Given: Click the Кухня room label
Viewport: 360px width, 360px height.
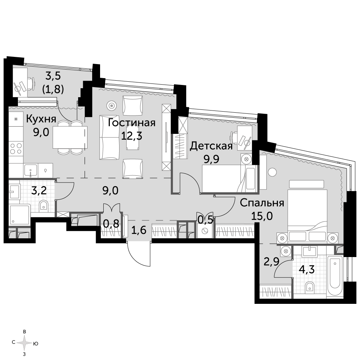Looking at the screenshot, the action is [x=41, y=119].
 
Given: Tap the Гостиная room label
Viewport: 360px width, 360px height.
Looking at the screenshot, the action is [x=131, y=123].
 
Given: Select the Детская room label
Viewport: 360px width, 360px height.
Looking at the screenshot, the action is [x=211, y=146].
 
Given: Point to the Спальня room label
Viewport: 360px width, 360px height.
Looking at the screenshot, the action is [x=262, y=203].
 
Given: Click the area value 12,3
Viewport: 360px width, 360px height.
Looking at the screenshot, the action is [x=131, y=136].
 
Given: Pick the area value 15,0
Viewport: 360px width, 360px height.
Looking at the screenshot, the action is [x=262, y=216].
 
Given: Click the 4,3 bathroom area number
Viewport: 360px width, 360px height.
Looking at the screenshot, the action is [x=306, y=269].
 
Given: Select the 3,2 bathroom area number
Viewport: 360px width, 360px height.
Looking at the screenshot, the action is [x=39, y=190].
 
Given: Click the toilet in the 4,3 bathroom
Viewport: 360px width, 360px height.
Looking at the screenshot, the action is [x=310, y=287].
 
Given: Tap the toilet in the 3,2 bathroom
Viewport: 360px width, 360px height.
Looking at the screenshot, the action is [x=44, y=206].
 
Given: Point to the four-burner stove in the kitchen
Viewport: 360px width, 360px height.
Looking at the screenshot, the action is [x=16, y=149].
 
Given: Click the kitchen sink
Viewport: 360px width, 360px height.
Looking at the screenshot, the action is [x=31, y=170].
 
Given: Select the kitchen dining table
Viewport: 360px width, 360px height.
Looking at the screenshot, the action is [x=70, y=137].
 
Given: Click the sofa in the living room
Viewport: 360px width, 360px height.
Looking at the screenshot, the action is [x=109, y=138].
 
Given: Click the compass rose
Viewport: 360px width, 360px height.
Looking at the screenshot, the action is [x=24, y=343].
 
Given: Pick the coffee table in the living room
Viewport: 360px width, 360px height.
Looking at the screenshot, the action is [x=133, y=138].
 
